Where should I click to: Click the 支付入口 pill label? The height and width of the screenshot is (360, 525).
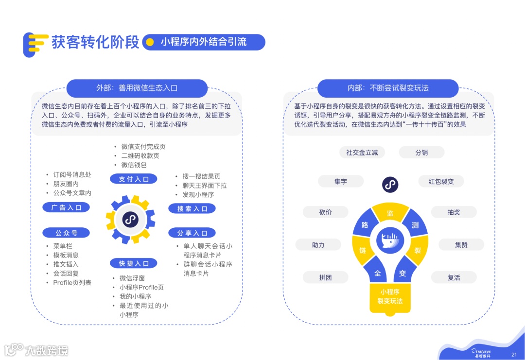pos(134,179)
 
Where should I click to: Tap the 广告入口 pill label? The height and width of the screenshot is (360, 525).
pos(66,207)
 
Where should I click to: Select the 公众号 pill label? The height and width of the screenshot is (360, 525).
pos(66,233)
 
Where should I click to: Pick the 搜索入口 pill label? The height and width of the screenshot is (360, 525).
pos(192,208)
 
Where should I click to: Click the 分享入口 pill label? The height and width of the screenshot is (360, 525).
pos(192,233)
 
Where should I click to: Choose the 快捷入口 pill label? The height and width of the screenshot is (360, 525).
pos(134,263)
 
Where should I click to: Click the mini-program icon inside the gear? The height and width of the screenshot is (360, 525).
pos(130,220)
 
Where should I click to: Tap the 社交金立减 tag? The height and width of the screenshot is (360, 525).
pos(362,153)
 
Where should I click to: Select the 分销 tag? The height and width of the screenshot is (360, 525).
pos(421,153)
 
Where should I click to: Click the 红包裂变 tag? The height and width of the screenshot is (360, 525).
pos(441,181)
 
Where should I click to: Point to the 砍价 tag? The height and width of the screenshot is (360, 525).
pos(325,212)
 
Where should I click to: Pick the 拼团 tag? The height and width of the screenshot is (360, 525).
pos(325,277)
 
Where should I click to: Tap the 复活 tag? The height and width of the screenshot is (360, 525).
pos(454,277)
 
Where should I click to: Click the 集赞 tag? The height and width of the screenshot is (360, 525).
pos(461,245)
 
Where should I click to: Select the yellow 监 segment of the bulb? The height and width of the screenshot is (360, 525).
pos(390,213)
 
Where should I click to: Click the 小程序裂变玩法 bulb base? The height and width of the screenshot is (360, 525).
pos(390,296)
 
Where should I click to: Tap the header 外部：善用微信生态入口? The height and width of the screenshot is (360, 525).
pos(137,88)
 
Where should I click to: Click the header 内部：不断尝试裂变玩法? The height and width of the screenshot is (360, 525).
pos(387,88)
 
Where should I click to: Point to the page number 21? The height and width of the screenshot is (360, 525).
pos(514,354)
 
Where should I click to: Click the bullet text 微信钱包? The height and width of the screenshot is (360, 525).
pos(134,165)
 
